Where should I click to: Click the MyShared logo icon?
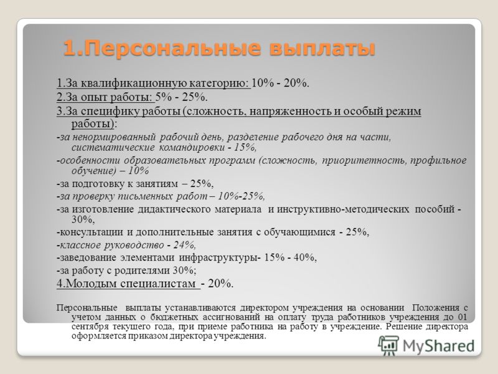[388, 345]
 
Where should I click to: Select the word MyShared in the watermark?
[438, 346]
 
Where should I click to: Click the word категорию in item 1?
[219, 84]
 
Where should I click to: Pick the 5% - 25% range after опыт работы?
[181, 97]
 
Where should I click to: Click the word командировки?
[192, 148]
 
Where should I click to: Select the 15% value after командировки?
[245, 148]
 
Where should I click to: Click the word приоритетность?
[364, 160]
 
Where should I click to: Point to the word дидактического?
[174, 209]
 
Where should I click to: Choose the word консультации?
[92, 232]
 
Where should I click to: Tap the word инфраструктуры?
[219, 257]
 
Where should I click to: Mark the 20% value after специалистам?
[220, 284]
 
